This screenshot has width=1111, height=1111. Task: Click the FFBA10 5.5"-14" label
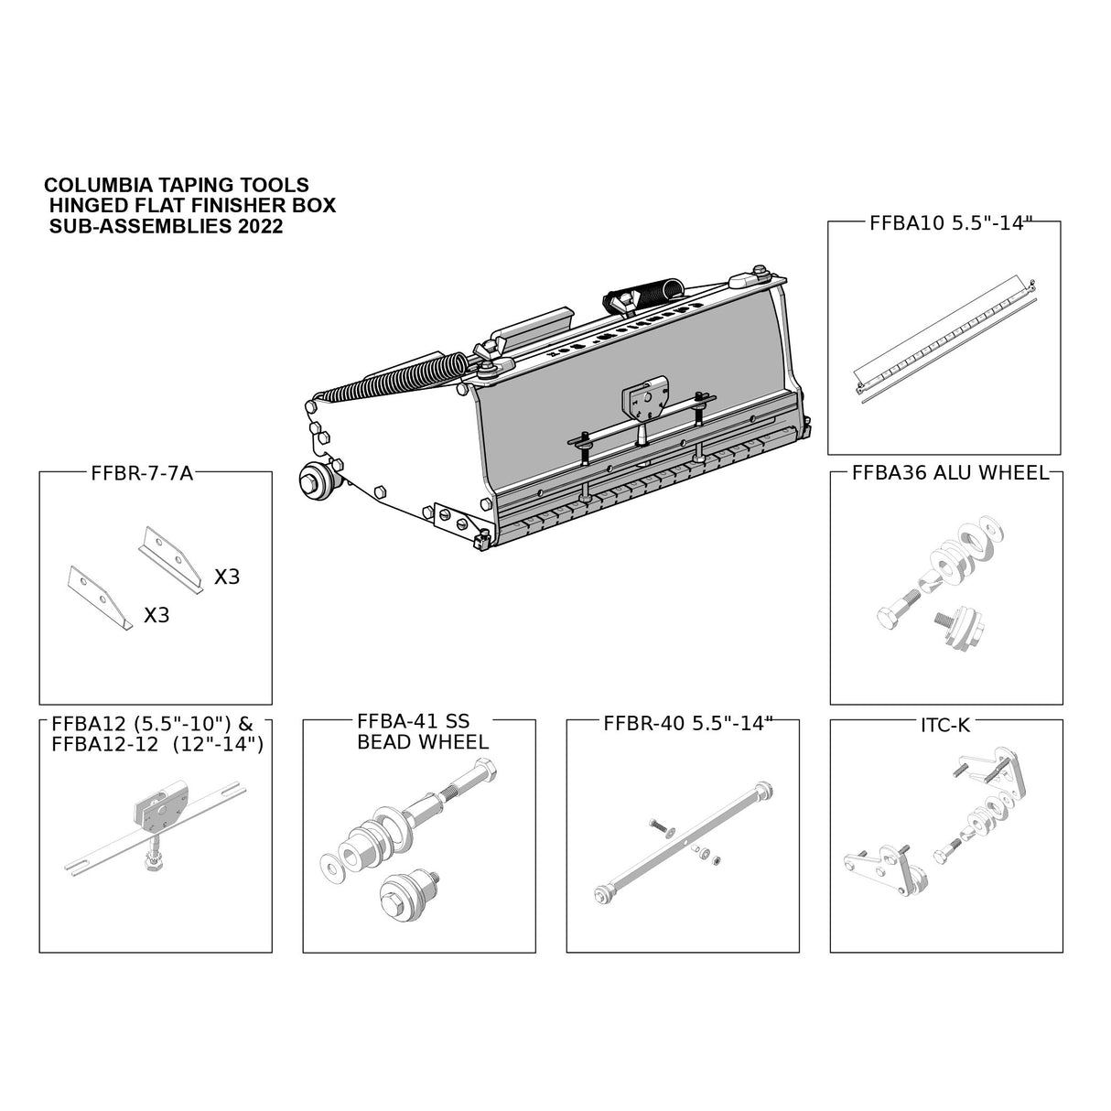[944, 222]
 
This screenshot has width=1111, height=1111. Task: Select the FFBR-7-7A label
[143, 473]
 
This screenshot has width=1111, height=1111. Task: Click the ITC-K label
[945, 725]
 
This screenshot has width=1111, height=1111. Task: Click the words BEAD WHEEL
[422, 742]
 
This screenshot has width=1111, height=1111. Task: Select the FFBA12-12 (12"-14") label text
[157, 745]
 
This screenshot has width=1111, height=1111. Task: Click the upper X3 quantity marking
[227, 577]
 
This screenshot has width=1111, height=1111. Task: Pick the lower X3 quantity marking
[157, 614]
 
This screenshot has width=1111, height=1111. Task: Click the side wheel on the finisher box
[316, 480]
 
